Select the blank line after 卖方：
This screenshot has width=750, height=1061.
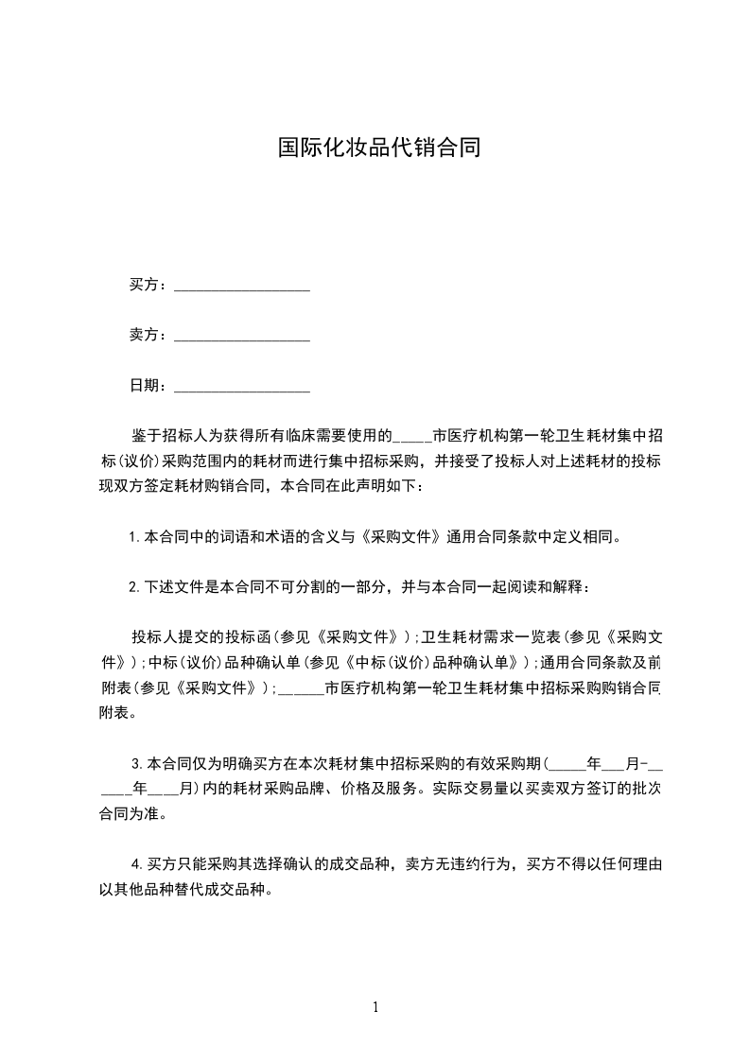pyautogui.click(x=243, y=337)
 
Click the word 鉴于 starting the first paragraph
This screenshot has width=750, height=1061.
pyautogui.click(x=145, y=436)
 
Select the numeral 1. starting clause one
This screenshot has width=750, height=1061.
pyautogui.click(x=134, y=537)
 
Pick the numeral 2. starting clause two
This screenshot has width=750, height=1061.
pyautogui.click(x=134, y=587)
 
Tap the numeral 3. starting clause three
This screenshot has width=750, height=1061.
pyautogui.click(x=138, y=762)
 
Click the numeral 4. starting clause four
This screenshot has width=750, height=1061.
pyautogui.click(x=136, y=863)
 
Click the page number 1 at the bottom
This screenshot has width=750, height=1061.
pyautogui.click(x=375, y=1007)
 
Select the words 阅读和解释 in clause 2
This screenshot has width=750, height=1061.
pyautogui.click(x=545, y=587)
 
